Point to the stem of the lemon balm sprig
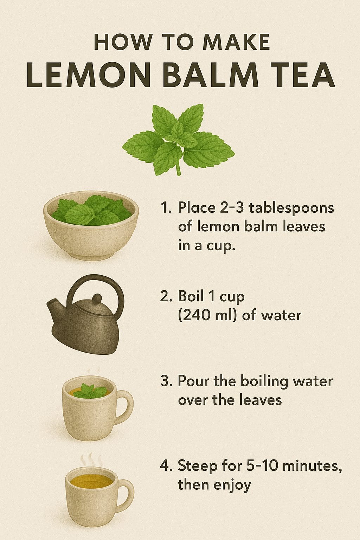pos(178,169)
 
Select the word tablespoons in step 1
pos(291,208)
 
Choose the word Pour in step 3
pos(192,381)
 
